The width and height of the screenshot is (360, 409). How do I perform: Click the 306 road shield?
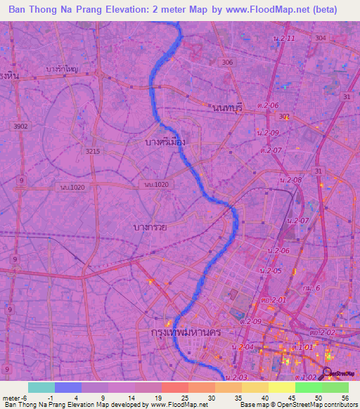click(226, 63)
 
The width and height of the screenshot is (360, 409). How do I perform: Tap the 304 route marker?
click(321, 38)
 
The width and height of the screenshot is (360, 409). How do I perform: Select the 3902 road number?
click(21, 126)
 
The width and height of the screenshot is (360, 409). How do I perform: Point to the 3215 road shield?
click(92, 151)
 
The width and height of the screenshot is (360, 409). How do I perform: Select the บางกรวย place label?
click(150, 227)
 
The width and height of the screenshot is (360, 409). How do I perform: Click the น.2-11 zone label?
click(282, 37)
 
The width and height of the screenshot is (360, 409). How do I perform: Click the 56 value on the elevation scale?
click(346, 397)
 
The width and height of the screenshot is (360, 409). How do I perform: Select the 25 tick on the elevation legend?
click(174, 397)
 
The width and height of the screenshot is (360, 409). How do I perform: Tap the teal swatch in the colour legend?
click(41, 387)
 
